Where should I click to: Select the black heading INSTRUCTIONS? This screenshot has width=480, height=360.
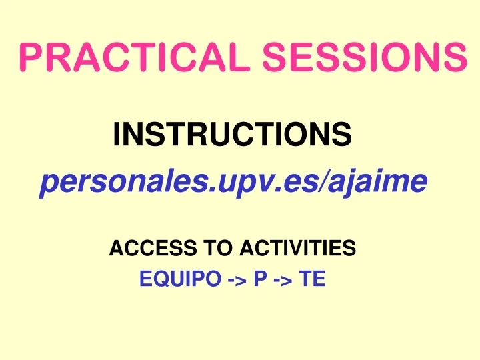232,135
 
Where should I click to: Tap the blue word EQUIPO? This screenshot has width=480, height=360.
179,279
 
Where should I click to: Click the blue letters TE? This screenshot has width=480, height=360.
312,279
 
